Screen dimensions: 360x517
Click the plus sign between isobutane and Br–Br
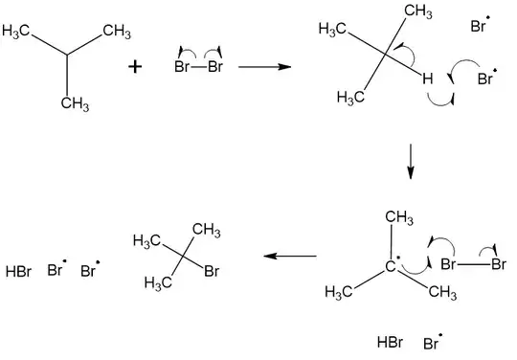pos(136,67)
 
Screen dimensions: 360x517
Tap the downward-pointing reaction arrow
pos(411,160)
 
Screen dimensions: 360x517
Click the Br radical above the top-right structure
pos(481,28)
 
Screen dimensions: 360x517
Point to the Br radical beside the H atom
pos(486,79)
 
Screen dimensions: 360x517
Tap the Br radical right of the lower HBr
pos(432,342)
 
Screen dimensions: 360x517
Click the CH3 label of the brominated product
pos(207,231)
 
